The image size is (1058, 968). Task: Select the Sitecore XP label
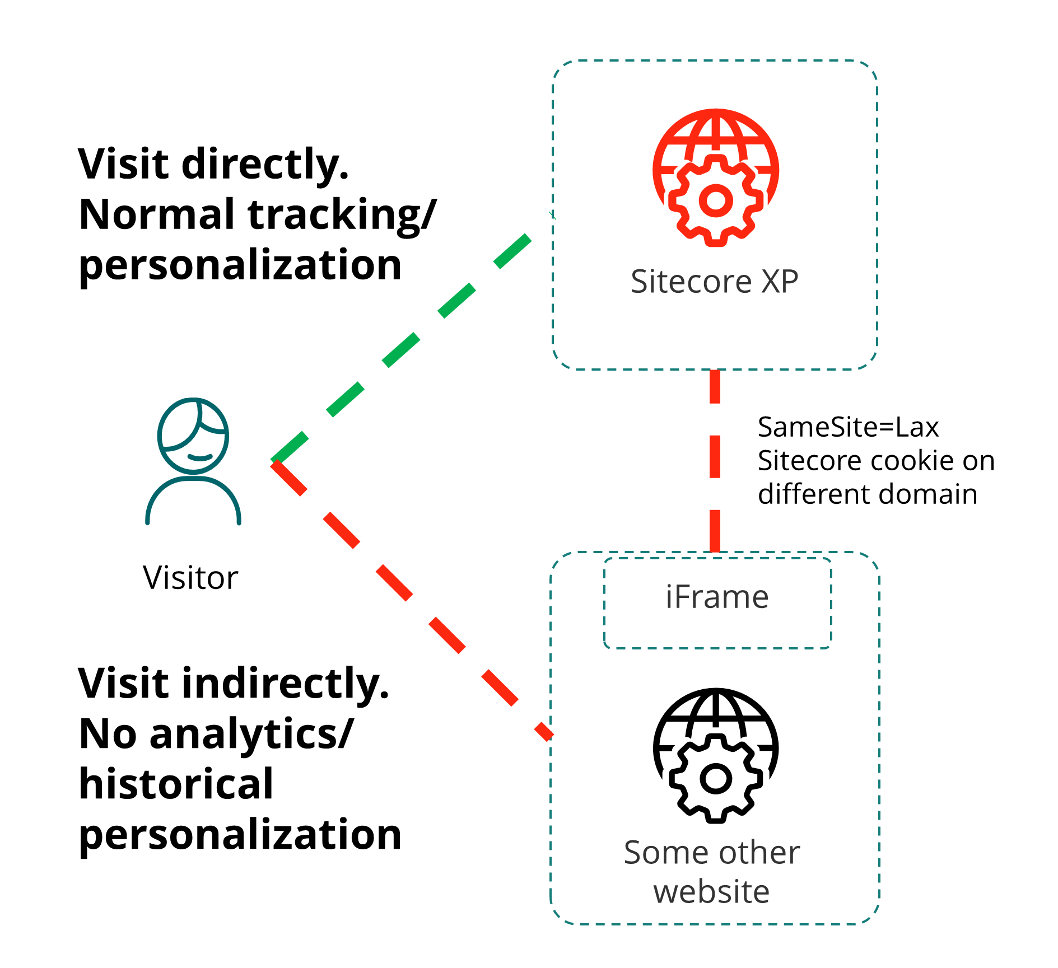point(714,281)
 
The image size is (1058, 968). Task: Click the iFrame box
point(717,602)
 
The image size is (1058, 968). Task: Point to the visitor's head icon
point(193,436)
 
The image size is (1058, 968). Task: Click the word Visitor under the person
point(190,578)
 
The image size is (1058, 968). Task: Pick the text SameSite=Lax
point(848,428)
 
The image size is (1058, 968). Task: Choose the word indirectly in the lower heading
point(286,684)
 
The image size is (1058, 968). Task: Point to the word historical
point(176,784)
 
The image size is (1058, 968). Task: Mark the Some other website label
point(712,872)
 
